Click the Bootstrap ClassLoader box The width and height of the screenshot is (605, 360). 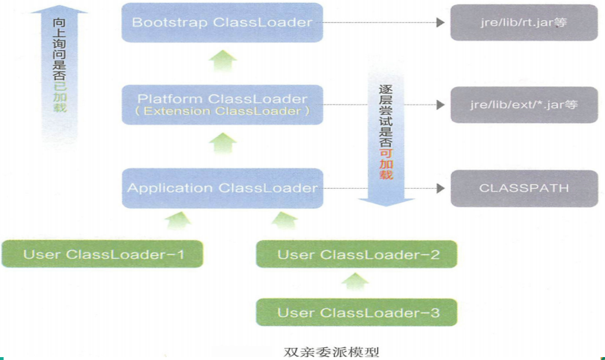pos(222,22)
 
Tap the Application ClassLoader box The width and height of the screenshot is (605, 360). pos(222,188)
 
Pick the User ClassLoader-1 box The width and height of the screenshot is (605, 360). pos(102,254)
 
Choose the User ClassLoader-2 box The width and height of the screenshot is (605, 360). pos(357,254)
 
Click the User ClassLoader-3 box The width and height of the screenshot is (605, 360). pos(357,313)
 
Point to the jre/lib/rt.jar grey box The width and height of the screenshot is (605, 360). pos(524,23)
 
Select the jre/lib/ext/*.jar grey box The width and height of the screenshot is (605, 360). pos(524,105)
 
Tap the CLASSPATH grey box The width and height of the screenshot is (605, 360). pos(524,188)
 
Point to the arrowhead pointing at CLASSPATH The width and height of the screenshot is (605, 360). pos(440,188)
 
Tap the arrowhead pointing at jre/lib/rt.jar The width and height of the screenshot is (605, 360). pos(440,22)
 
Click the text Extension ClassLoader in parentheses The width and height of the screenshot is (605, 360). pos(222,110)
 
